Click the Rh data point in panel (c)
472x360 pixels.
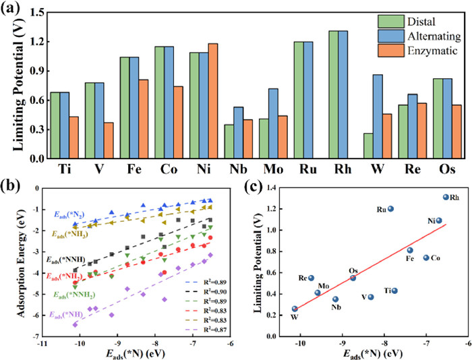point(445,198)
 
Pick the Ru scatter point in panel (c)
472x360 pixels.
point(390,209)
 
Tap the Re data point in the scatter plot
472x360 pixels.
point(312,278)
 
